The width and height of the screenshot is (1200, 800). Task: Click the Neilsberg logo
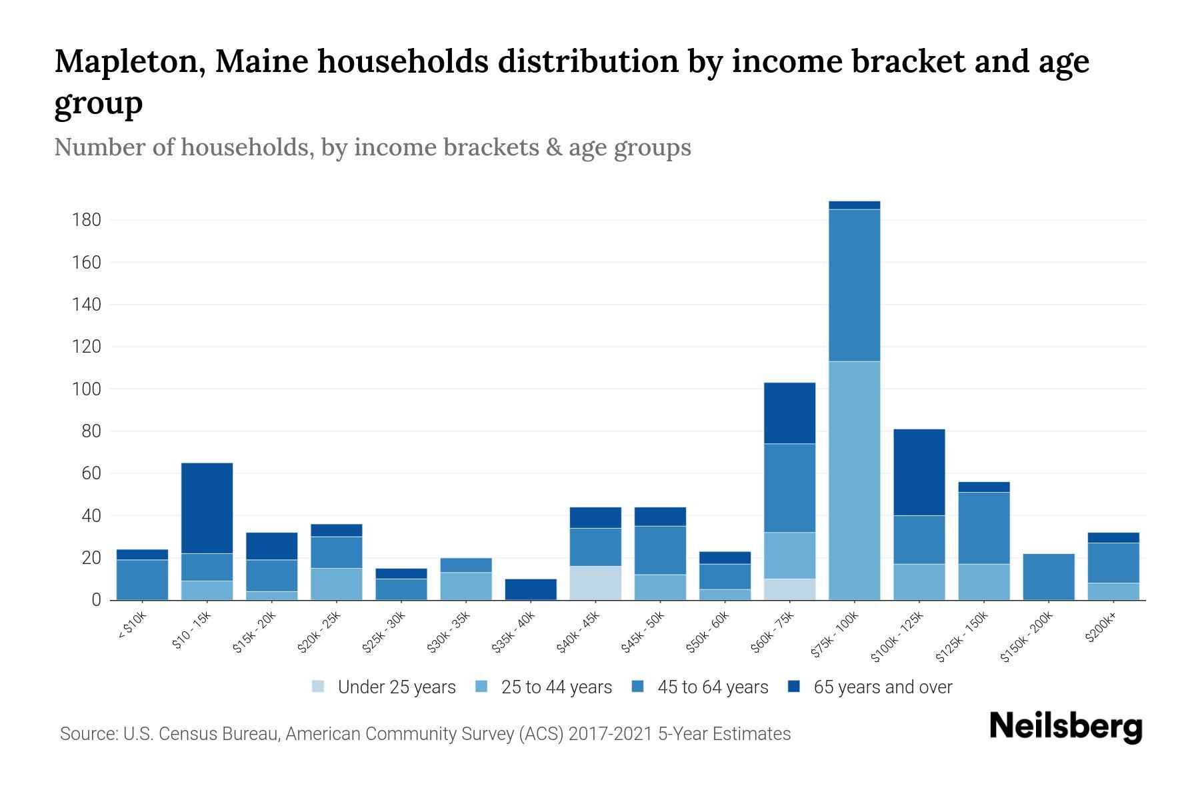[x=1065, y=726]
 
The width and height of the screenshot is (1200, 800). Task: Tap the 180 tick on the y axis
[x=87, y=220]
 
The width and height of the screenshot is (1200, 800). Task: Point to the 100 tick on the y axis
[x=87, y=389]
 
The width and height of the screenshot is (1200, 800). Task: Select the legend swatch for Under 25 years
[x=318, y=687]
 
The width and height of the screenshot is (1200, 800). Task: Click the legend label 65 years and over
[x=883, y=687]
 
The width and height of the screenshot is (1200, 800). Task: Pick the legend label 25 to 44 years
[x=556, y=687]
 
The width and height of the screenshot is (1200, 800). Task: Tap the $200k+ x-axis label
[x=1100, y=630]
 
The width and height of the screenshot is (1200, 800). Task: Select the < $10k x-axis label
[x=132, y=627]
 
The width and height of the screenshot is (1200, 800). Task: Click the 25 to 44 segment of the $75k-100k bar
[x=854, y=480]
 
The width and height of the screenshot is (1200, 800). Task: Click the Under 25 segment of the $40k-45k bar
[x=595, y=583]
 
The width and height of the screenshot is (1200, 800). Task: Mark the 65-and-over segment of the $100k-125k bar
[x=919, y=472]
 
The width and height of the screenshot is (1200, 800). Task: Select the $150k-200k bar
[x=1048, y=577]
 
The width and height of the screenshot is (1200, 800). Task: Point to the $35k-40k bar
[x=531, y=589]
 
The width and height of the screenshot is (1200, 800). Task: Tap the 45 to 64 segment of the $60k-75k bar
[x=789, y=488]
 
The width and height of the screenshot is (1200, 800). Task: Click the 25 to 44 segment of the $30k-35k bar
[x=466, y=586]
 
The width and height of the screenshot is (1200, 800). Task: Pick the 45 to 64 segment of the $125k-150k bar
[x=983, y=528]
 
